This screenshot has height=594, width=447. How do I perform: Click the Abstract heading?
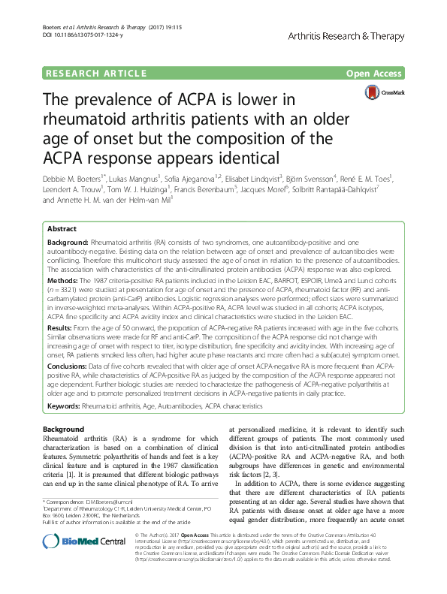62,228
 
